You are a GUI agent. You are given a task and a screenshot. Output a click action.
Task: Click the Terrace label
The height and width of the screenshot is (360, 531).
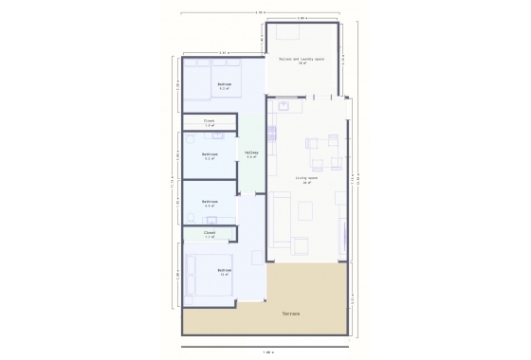291,313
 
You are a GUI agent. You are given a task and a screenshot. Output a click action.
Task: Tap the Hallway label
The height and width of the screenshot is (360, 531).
251,153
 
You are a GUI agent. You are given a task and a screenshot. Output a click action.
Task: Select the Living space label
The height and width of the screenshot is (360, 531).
305,179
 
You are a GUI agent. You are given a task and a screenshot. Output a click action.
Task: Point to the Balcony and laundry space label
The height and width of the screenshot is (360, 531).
302,62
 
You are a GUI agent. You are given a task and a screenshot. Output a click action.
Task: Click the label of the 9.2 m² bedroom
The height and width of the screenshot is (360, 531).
224,86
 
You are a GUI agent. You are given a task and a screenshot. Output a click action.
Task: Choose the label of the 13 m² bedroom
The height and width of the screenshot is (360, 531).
224,272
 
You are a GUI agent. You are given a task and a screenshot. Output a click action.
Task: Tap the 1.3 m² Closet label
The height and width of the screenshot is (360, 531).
210,122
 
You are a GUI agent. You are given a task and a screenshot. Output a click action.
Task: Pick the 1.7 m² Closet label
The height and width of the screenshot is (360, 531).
210,233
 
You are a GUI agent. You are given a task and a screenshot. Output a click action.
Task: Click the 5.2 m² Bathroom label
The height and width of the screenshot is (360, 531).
210,156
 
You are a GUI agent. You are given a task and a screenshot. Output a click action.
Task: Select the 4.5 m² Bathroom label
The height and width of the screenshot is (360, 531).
210,202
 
